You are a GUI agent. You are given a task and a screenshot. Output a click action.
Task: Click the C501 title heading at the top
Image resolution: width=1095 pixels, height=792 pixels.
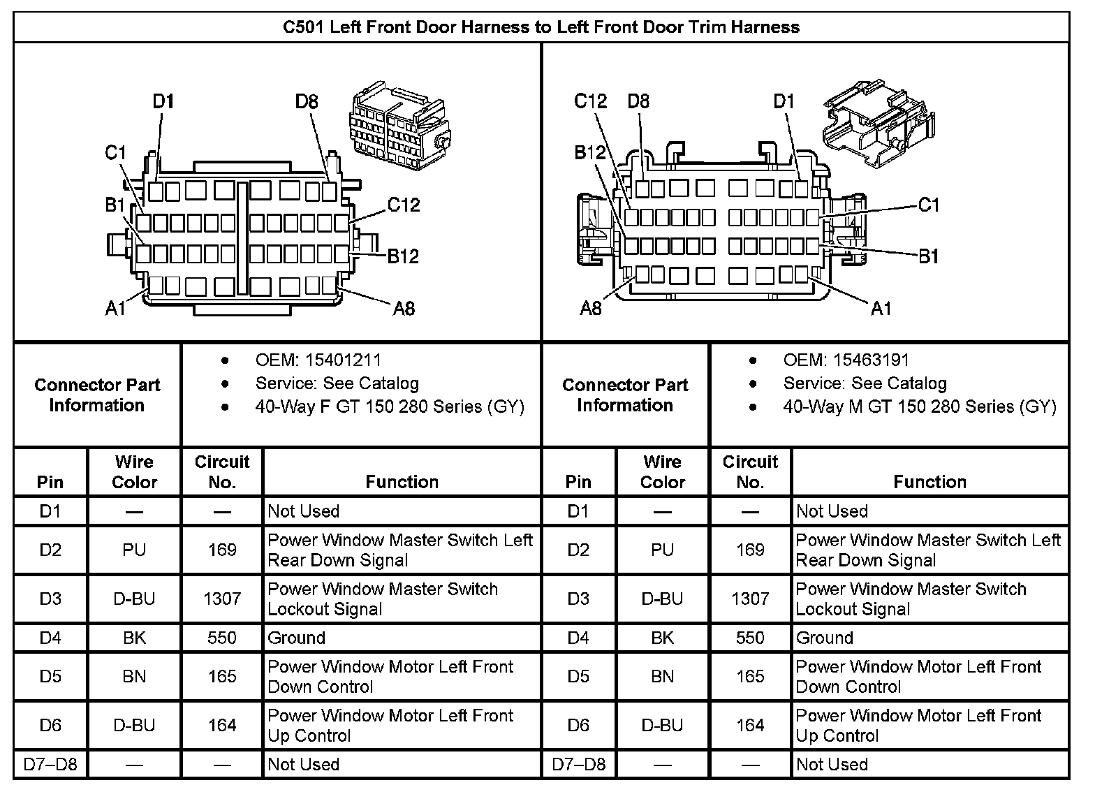(541, 27)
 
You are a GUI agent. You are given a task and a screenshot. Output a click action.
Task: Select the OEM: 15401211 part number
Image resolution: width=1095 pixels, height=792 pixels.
(318, 360)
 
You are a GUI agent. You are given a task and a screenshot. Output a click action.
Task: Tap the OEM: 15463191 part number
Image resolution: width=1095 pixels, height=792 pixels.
(846, 360)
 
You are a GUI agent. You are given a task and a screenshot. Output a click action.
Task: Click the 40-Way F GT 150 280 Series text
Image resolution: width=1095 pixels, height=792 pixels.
(390, 406)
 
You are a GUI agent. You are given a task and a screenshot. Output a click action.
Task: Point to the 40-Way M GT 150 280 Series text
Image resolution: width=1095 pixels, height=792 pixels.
(920, 406)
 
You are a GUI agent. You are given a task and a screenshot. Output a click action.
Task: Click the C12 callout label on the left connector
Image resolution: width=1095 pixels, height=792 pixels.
(404, 205)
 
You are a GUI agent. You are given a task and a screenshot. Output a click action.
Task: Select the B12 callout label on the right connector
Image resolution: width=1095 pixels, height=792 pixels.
(590, 152)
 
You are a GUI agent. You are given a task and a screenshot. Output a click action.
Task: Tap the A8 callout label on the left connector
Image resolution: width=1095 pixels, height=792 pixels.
(404, 308)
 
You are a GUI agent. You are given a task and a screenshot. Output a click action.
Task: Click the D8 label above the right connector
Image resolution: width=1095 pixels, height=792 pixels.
(638, 102)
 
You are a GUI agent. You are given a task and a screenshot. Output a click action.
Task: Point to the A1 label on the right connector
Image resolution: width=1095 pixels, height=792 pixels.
(881, 308)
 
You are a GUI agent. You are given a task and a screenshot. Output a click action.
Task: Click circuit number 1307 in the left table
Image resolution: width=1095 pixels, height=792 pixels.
(222, 599)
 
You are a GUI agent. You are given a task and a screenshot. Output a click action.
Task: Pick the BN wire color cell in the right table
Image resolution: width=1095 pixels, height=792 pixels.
(662, 676)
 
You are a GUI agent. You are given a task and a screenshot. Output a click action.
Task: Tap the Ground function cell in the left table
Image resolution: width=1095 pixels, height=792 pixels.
(297, 638)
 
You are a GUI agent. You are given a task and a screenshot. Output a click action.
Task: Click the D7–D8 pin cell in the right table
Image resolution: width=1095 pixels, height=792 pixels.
(578, 764)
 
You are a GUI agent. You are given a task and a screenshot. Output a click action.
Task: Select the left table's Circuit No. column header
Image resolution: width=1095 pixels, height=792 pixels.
(222, 472)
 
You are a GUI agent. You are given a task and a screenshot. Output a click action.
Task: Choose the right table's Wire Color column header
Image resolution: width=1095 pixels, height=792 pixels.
(662, 472)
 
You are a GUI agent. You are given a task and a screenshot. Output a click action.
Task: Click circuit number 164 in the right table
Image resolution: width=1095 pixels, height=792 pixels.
(750, 725)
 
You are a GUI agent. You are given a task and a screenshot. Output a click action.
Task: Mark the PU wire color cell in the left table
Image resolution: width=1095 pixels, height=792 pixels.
(134, 550)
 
